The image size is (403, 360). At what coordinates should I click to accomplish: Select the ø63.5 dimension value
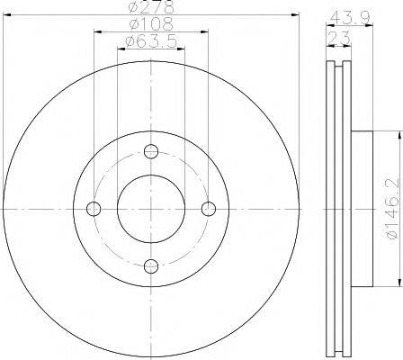click(151, 41)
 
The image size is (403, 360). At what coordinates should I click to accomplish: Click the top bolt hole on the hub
click(151, 151)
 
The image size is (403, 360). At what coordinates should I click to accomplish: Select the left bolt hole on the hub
click(94, 209)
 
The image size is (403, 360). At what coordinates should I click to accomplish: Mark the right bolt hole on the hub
click(209, 209)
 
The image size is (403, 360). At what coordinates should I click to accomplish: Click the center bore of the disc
click(151, 209)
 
